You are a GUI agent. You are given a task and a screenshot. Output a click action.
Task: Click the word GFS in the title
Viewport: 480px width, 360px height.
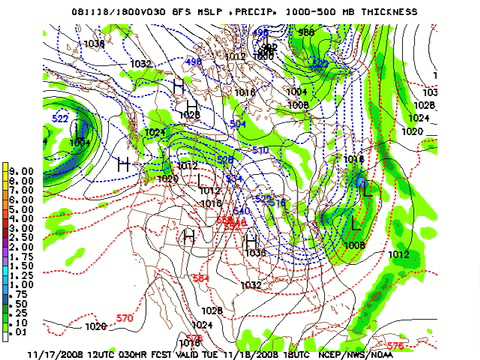[x=183, y=10]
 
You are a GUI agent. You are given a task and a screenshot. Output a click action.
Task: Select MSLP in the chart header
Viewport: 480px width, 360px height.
[x=213, y=10]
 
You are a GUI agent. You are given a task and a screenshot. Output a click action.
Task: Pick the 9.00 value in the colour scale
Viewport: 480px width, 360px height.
[x=23, y=170]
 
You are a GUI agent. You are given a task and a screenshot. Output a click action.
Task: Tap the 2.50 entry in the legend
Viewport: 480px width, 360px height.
[x=23, y=241]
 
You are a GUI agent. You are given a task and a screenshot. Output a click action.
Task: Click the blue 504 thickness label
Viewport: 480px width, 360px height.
[x=238, y=124]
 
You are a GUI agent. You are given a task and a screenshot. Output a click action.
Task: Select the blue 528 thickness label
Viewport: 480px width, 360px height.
[x=226, y=160]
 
